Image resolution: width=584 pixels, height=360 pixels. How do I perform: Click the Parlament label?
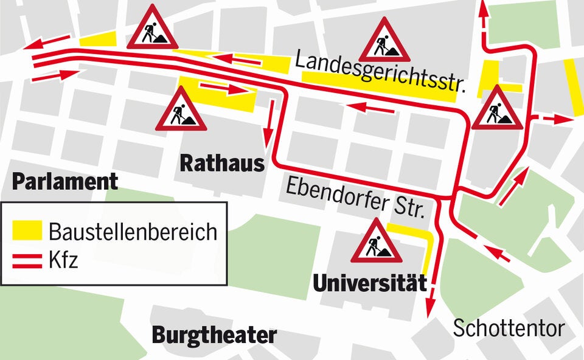(x=65, y=181)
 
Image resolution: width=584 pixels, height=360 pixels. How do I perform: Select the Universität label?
(x=369, y=283)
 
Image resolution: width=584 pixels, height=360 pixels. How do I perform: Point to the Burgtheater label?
(x=214, y=335)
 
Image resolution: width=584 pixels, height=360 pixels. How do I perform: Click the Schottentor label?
(x=509, y=329)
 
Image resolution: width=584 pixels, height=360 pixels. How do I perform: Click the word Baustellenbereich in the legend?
(x=133, y=232)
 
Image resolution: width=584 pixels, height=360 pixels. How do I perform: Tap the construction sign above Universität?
(x=376, y=241)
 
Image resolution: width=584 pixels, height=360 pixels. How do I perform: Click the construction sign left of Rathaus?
(x=181, y=110)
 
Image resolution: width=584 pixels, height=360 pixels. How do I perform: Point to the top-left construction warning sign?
(x=152, y=29)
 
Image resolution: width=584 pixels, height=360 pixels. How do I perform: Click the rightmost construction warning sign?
(x=497, y=108)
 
